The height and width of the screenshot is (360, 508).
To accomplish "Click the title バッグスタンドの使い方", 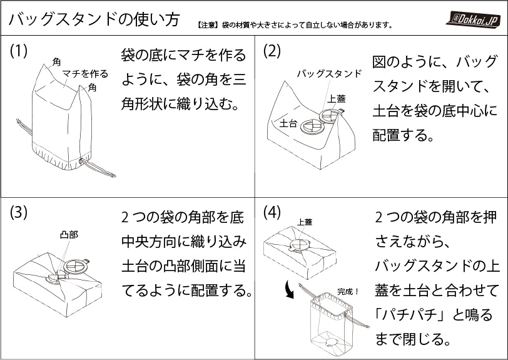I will click(x=91, y=19).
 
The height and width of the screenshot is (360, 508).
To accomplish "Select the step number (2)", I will click(x=273, y=51).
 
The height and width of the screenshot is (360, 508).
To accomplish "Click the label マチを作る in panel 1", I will click(x=85, y=74).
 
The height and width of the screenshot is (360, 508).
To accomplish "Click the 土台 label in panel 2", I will click(x=288, y=123).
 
